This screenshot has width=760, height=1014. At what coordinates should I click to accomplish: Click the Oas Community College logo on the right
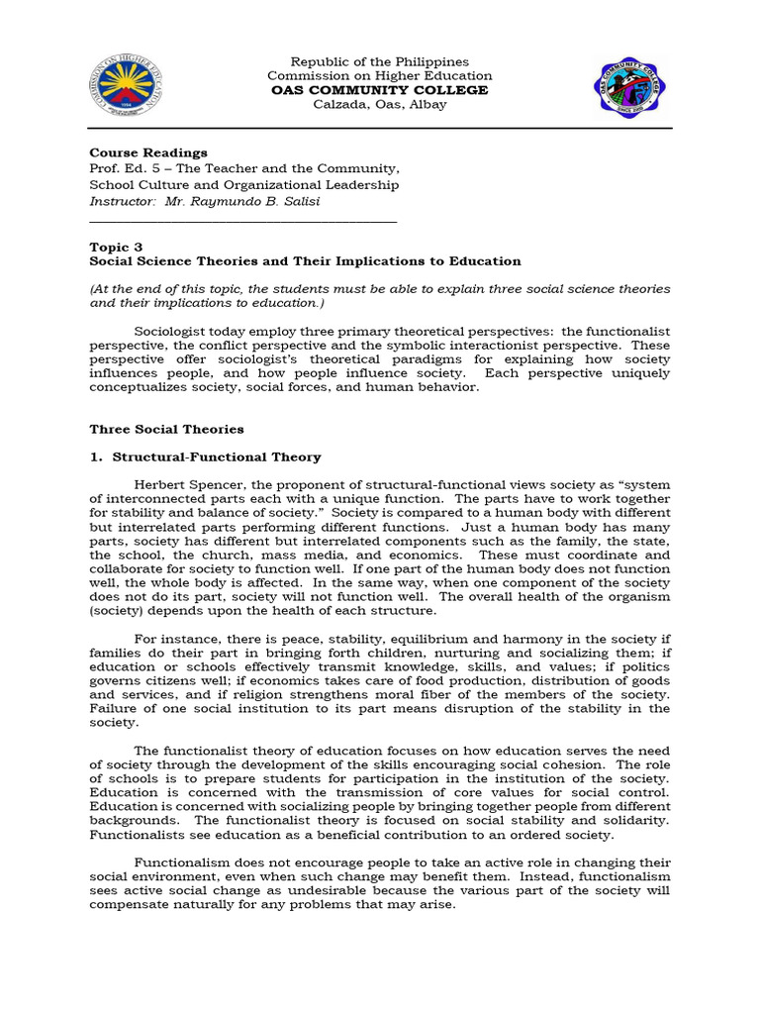[630, 87]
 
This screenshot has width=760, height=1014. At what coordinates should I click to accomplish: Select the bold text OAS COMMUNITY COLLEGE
[379, 90]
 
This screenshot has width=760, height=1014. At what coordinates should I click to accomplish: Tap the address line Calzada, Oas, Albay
[379, 105]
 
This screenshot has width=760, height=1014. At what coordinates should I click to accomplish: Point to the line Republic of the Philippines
[379, 61]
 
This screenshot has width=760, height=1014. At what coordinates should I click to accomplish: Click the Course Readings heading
[148, 152]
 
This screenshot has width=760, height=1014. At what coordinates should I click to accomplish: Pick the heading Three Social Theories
[166, 429]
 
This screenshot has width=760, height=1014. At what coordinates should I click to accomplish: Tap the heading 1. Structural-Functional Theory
[205, 456]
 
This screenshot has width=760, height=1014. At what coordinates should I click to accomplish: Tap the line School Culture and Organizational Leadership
[244, 184]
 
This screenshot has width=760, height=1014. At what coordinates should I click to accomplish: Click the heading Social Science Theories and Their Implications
[305, 261]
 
